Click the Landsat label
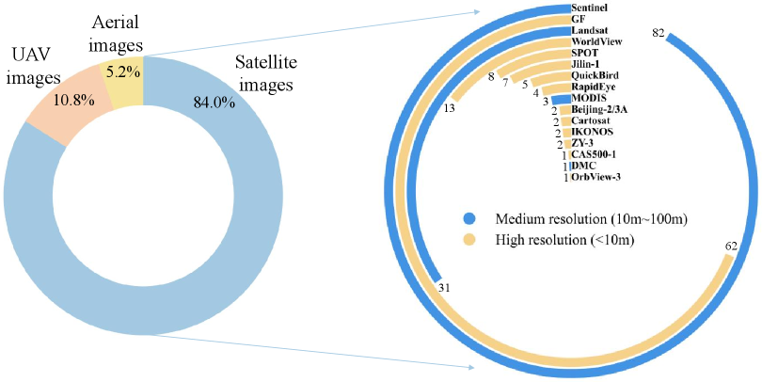[594, 30]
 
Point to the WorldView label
[599, 41]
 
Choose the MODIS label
[589, 99]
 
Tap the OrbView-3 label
[596, 177]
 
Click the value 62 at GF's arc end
[731, 247]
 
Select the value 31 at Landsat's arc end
[444, 288]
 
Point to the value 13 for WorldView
[449, 108]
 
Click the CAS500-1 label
[595, 154]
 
